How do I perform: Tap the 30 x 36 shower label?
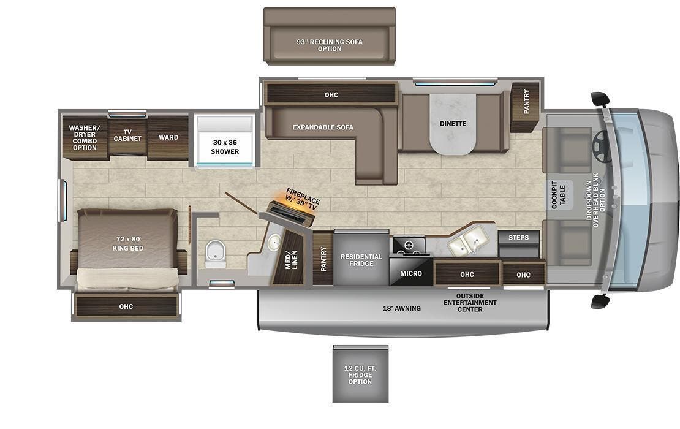[225, 147]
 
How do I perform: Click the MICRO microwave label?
[411, 273]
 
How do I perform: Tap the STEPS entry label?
[519, 237]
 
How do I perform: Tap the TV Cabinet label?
[127, 135]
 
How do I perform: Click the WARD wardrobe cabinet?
[168, 137]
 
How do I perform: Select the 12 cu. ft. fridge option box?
[360, 373]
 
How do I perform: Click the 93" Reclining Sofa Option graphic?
[330, 45]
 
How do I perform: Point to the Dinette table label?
[453, 124]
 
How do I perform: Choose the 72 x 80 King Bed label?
[127, 243]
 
